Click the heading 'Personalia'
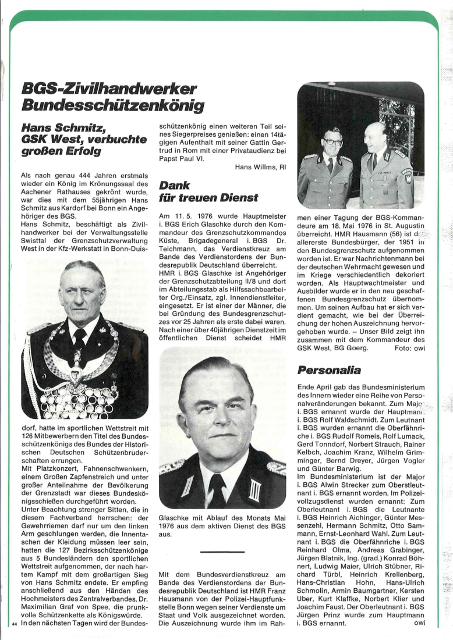click(329, 370)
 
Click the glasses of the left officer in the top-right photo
click(333, 142)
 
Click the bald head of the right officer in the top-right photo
click(377, 129)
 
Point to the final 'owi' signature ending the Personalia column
click(419, 624)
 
